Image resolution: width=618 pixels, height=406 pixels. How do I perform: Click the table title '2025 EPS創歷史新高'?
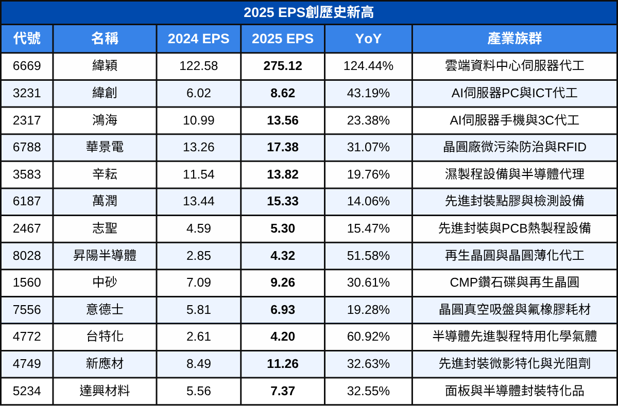point(309,12)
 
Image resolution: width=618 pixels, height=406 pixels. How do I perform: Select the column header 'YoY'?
point(368,39)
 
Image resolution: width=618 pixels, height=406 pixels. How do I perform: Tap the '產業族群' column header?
point(514,39)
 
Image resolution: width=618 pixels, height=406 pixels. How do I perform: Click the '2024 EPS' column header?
point(198,39)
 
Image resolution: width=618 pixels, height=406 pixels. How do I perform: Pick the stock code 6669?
point(27,66)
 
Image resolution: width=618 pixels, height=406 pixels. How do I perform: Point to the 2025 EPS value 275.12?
point(283,66)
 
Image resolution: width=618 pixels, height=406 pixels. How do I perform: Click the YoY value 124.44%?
point(368,66)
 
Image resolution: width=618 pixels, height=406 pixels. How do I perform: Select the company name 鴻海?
point(105,120)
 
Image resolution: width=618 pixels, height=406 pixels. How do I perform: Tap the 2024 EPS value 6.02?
point(198,93)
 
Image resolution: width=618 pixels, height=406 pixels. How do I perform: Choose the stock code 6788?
point(27,147)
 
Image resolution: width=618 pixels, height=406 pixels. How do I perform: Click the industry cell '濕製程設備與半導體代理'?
point(514,174)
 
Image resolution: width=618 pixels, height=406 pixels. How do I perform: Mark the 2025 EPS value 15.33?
point(283,201)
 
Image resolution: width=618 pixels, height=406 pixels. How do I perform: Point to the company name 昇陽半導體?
point(105,256)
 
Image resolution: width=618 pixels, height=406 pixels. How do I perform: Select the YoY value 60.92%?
point(368,337)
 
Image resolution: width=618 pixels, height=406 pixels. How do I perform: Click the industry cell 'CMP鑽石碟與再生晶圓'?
point(514,283)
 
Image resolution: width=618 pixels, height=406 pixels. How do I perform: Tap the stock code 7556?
point(27,310)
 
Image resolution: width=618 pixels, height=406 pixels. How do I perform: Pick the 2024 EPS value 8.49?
point(198,364)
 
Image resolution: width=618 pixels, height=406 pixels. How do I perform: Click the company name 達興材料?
point(105,391)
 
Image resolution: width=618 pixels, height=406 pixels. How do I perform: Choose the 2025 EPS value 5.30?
point(283,228)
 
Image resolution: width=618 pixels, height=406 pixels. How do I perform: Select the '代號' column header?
point(27,39)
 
